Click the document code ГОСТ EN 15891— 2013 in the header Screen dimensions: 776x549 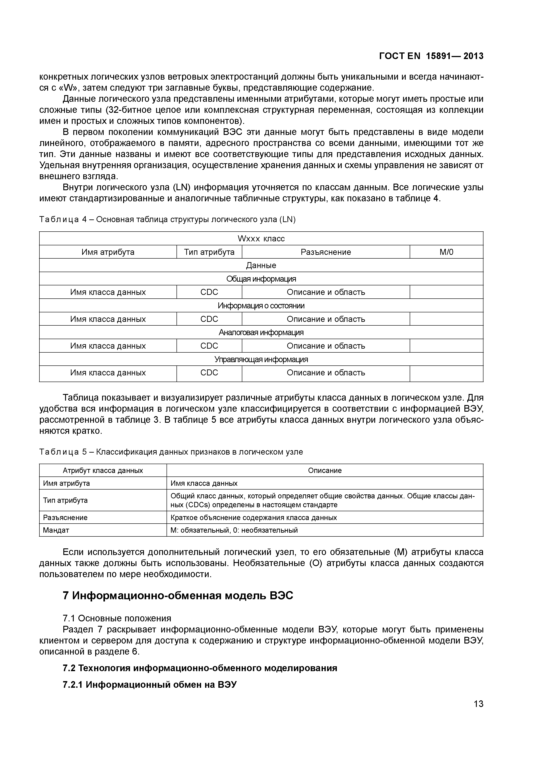431,56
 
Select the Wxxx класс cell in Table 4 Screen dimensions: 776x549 261,239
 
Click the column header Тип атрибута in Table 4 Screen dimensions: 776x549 209,252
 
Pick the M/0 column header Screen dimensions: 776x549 446,252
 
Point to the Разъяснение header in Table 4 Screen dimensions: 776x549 326,252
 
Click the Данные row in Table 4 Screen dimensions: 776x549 261,265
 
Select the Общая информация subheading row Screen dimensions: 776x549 261,279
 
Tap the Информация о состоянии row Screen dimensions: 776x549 261,305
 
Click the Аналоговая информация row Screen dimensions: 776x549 261,332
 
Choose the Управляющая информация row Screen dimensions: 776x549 261,359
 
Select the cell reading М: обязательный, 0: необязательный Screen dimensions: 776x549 234,530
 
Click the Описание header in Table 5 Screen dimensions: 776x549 325,471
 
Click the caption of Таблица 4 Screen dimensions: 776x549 167,220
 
